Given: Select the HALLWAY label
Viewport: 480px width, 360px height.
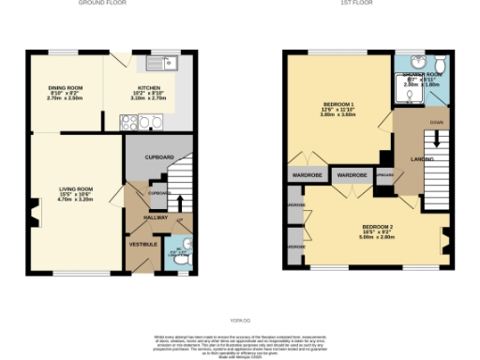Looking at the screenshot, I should [156, 217].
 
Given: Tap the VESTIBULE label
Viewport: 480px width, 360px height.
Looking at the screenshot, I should [142, 244].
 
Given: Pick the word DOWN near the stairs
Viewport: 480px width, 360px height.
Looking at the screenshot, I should [437, 123].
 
